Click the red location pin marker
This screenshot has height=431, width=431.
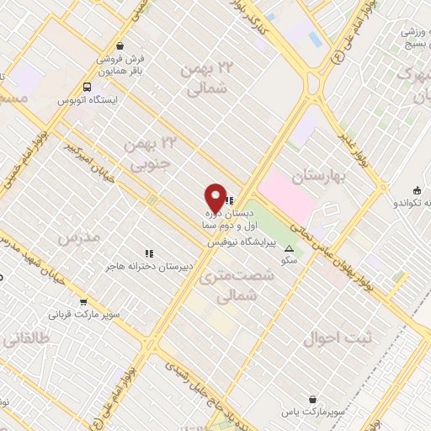coord(215,199)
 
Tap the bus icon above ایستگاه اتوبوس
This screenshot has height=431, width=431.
coord(88,87)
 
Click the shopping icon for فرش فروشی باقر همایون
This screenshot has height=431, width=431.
coord(122,45)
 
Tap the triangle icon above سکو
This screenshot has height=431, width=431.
coord(290,249)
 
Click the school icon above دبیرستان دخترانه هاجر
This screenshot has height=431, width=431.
coord(150,253)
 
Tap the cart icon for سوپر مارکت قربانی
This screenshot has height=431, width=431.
coord(83,302)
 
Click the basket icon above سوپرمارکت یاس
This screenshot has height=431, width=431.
coord(312,399)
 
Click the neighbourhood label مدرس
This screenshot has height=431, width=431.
coord(79,238)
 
